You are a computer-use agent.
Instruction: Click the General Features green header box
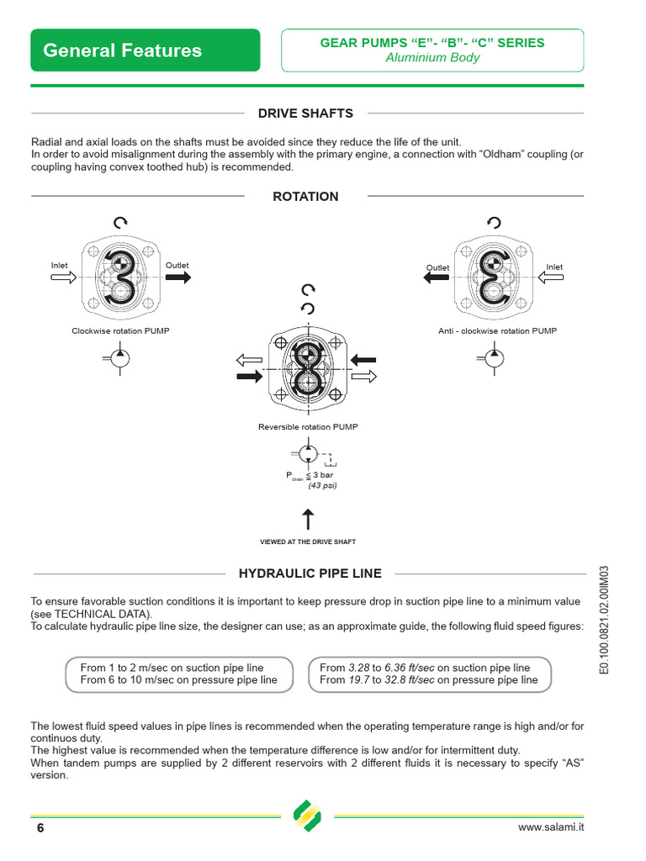pyautogui.click(x=145, y=50)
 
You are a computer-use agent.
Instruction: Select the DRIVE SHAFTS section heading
pyautogui.click(x=305, y=114)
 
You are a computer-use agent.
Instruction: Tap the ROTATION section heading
pyautogui.click(x=305, y=197)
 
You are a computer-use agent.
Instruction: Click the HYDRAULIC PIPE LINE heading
pyautogui.click(x=310, y=573)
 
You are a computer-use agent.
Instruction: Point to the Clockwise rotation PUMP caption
pyautogui.click(x=120, y=331)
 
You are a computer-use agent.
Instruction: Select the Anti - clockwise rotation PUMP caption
pyautogui.click(x=497, y=331)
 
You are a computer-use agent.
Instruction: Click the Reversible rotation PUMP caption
pyautogui.click(x=308, y=427)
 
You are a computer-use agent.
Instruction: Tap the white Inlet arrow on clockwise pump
pyautogui.click(x=63, y=279)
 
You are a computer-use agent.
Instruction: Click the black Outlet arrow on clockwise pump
pyautogui.click(x=177, y=279)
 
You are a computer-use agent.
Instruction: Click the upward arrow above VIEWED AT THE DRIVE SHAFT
pyautogui.click(x=308, y=519)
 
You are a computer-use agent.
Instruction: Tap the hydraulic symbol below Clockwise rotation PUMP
pyautogui.click(x=120, y=357)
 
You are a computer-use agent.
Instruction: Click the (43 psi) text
pyautogui.click(x=322, y=485)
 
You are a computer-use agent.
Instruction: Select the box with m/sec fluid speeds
pyautogui.click(x=178, y=673)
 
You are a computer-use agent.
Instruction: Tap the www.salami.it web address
pyautogui.click(x=551, y=827)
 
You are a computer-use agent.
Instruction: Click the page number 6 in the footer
pyautogui.click(x=40, y=828)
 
